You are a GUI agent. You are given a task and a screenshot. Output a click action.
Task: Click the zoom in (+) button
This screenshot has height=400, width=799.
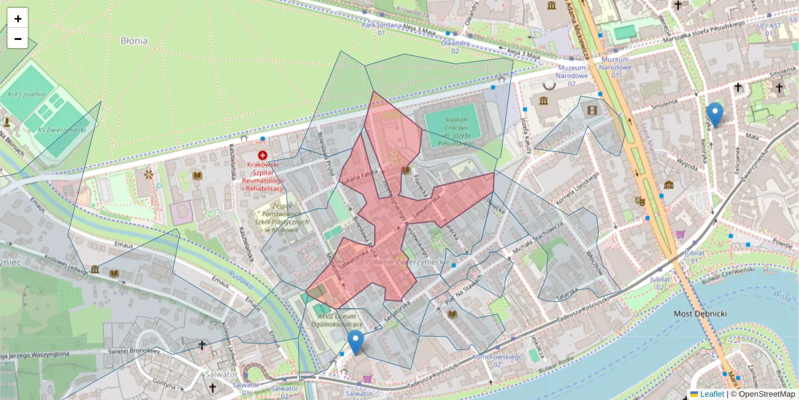[x=18, y=19]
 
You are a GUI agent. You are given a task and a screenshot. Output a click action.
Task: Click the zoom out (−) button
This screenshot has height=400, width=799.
[x=18, y=39]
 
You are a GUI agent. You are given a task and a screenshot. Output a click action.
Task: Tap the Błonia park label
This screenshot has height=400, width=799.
[x=134, y=41]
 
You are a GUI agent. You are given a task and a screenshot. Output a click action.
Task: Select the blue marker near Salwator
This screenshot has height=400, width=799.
[x=356, y=342]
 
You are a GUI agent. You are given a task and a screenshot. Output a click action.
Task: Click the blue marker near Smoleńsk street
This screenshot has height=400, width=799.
[x=715, y=115]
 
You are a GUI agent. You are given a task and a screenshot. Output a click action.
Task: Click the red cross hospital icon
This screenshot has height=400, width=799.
[x=262, y=155]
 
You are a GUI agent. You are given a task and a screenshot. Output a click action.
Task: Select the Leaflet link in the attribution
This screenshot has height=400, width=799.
[x=711, y=394]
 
